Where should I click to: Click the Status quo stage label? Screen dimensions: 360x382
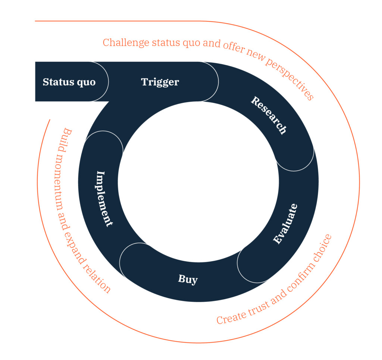pyautogui.click(x=69, y=82)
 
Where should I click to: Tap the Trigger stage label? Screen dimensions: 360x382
pyautogui.click(x=160, y=82)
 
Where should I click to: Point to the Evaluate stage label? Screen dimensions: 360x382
pyautogui.click(x=285, y=224)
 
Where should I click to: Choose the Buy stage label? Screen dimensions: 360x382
pyautogui.click(x=188, y=279)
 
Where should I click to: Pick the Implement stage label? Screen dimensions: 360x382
pyautogui.click(x=104, y=199)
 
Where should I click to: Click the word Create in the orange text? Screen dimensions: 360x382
pyautogui.click(x=229, y=317)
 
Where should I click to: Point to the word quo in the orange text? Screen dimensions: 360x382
pyautogui.click(x=190, y=42)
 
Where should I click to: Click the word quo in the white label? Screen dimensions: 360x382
pyautogui.click(x=86, y=82)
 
